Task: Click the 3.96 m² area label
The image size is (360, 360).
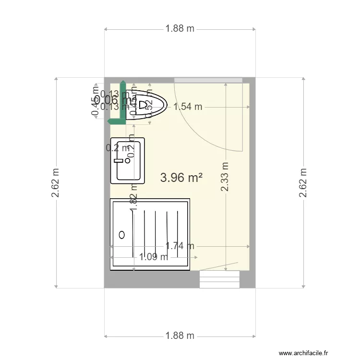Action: [x=181, y=178]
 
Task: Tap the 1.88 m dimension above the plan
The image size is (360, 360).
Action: [x=180, y=28]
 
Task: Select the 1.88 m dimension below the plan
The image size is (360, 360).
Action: [x=180, y=336]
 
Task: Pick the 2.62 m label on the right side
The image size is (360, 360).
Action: [x=303, y=182]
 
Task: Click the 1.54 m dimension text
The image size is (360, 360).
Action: [x=188, y=107]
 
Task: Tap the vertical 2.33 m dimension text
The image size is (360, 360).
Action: [x=225, y=177]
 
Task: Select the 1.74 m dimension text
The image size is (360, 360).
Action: [x=180, y=246]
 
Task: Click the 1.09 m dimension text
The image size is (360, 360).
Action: [x=154, y=257]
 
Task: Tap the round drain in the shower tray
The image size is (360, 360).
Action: [x=121, y=235]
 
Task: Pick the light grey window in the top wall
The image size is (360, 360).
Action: [x=208, y=80]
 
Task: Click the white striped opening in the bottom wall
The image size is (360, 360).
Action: [x=219, y=279]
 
